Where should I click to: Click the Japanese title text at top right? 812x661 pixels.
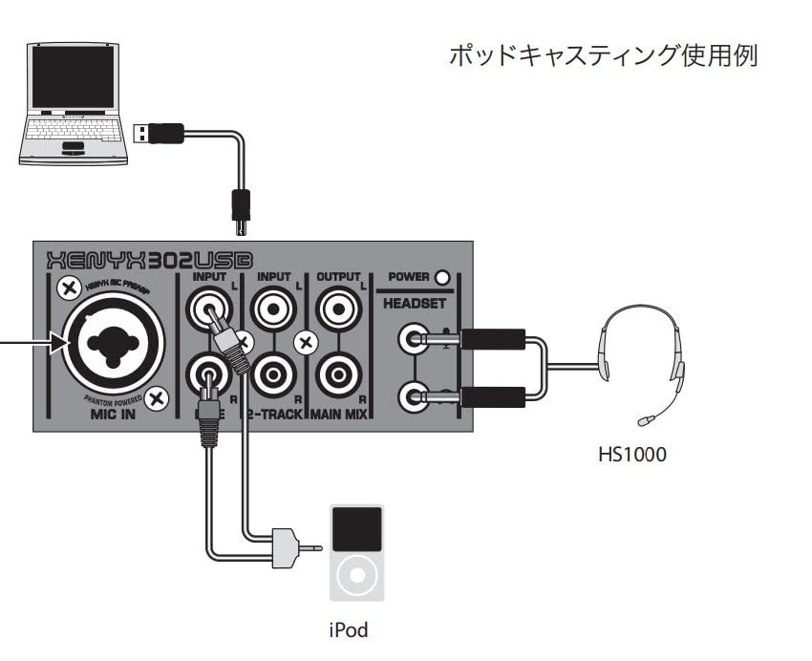click(x=603, y=55)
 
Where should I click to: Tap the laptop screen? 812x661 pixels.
click(x=73, y=76)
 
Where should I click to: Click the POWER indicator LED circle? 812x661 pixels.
click(x=441, y=279)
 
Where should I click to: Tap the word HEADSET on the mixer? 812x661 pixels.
click(x=415, y=303)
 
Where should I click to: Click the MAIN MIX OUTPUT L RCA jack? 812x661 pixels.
click(x=337, y=309)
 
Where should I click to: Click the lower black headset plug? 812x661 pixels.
click(x=492, y=395)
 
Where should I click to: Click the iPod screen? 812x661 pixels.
click(x=356, y=528)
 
